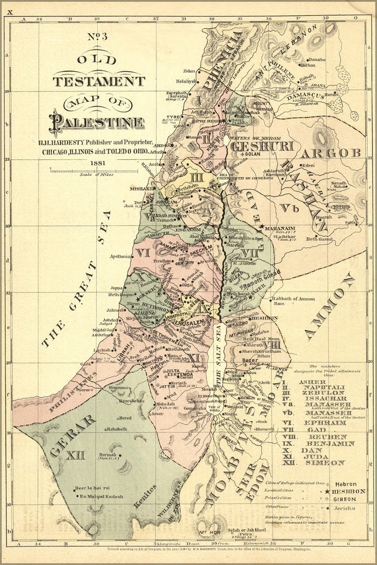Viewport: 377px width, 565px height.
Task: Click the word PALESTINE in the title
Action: [96, 121]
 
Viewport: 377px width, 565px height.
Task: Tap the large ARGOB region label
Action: [331, 154]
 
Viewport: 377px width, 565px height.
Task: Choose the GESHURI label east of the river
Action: [259, 146]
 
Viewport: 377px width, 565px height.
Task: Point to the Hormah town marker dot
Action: [120, 454]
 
